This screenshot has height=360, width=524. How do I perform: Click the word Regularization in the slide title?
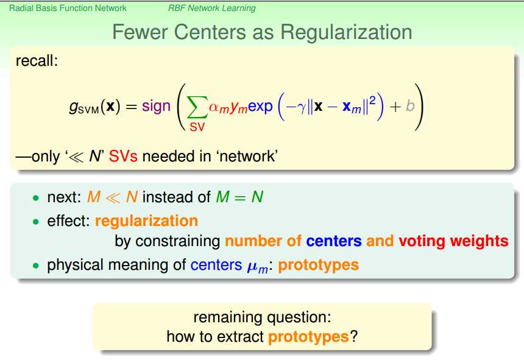[x=346, y=33]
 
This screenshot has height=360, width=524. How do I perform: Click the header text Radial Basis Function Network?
[x=68, y=8]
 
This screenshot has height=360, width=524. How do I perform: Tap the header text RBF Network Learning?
[x=212, y=8]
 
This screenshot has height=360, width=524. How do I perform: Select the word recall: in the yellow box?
[x=37, y=61]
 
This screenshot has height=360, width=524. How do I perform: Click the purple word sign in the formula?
[x=156, y=107]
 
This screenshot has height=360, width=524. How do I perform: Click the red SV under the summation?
[x=197, y=127]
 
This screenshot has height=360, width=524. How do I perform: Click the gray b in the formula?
[x=410, y=106]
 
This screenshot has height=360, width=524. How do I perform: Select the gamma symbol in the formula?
[x=302, y=108]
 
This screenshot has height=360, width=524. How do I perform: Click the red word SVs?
[x=123, y=157]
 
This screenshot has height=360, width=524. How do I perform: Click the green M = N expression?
[x=239, y=197]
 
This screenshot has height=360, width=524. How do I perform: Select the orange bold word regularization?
[x=146, y=221]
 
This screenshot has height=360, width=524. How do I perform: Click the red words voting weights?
[x=453, y=241]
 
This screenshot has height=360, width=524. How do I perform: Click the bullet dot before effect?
[x=36, y=222]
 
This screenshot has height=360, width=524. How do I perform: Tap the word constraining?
[x=178, y=241]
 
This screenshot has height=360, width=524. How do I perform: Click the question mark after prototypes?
[x=353, y=336]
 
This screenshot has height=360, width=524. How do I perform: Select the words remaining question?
[x=263, y=317]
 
